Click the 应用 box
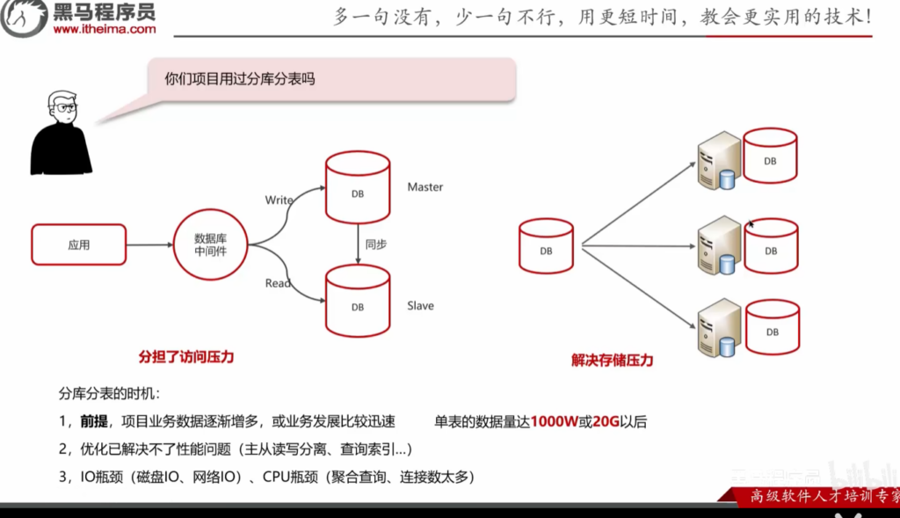[x=79, y=244]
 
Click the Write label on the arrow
[x=279, y=201]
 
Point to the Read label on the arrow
[x=278, y=283]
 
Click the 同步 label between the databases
[x=375, y=244]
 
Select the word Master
[x=425, y=187]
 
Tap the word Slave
[x=420, y=306]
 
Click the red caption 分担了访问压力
[x=186, y=357]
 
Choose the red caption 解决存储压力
[x=612, y=361]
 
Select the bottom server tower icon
[x=718, y=328]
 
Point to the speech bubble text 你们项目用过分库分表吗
[x=239, y=79]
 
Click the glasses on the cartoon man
[x=65, y=108]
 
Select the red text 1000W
[x=555, y=422]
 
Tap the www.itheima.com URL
[x=105, y=29]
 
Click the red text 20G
[x=606, y=422]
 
